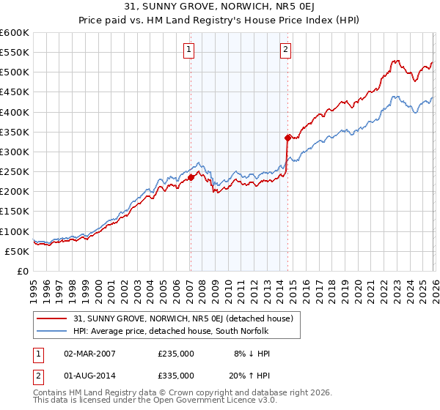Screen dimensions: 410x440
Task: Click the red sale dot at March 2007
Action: [x=191, y=176]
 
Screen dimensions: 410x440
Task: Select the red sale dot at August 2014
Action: [x=287, y=137]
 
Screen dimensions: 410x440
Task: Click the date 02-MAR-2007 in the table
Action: [x=89, y=354]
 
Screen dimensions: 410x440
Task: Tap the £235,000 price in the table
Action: [x=176, y=354]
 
